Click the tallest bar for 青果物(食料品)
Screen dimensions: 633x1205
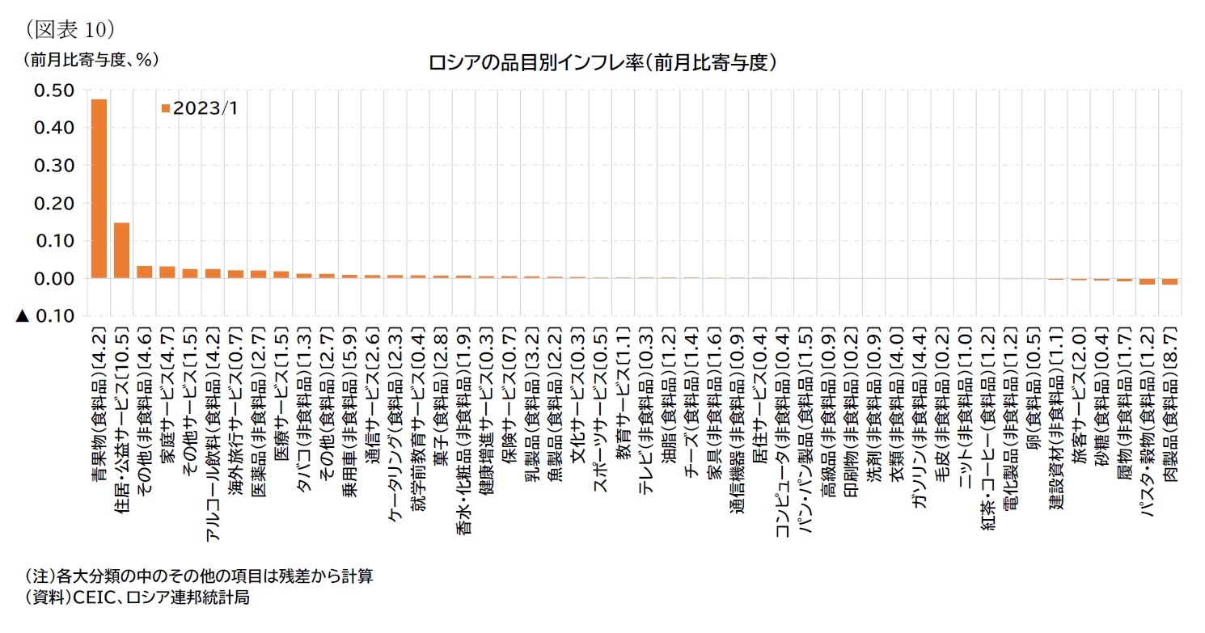pyautogui.click(x=99, y=188)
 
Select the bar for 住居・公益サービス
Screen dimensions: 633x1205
pyautogui.click(x=121, y=251)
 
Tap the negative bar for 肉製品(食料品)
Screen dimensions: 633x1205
pyautogui.click(x=1169, y=281)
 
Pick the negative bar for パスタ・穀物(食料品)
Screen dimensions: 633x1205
pyautogui.click(x=1147, y=281)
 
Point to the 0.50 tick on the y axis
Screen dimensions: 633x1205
pyautogui.click(x=57, y=90)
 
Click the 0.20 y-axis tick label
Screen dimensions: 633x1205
pyautogui.click(x=57, y=203)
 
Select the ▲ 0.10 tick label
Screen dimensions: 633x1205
pyautogui.click(x=46, y=316)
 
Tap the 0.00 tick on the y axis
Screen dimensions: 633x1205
pyautogui.click(x=57, y=278)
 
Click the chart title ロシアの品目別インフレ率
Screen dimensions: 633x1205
pyautogui.click(x=603, y=61)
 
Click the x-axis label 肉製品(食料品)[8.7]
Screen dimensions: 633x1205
pyautogui.click(x=1169, y=404)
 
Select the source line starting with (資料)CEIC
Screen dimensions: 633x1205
pyautogui.click(x=137, y=597)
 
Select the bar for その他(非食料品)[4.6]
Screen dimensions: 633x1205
pyautogui.click(x=144, y=272)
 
